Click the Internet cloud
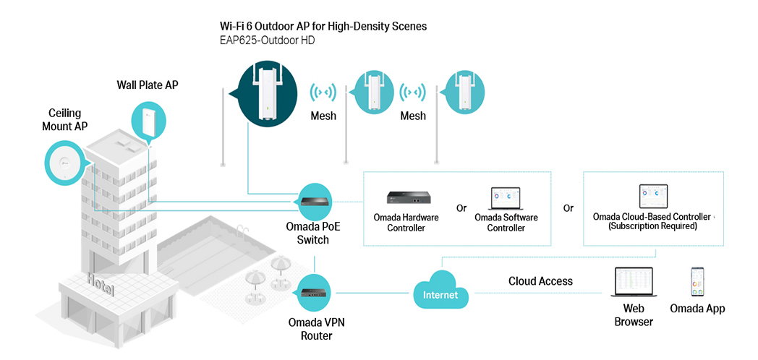click(441, 293)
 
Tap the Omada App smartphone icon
click(697, 282)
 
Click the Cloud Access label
click(540, 281)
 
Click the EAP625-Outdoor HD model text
click(267, 41)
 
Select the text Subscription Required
click(652, 226)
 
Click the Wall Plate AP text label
click(148, 85)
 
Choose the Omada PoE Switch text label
click(313, 233)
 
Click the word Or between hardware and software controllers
click(461, 208)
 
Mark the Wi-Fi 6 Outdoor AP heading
click(323, 26)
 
